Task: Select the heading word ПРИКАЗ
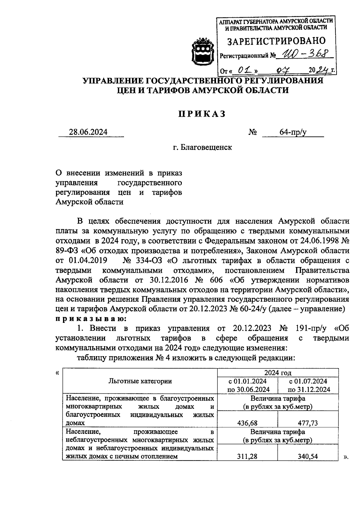(202, 114)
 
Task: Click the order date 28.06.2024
(88, 132)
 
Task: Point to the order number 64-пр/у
(293, 132)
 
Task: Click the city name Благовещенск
(202, 148)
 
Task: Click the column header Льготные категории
(140, 381)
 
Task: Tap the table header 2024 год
(278, 373)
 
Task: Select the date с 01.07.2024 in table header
(308, 381)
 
